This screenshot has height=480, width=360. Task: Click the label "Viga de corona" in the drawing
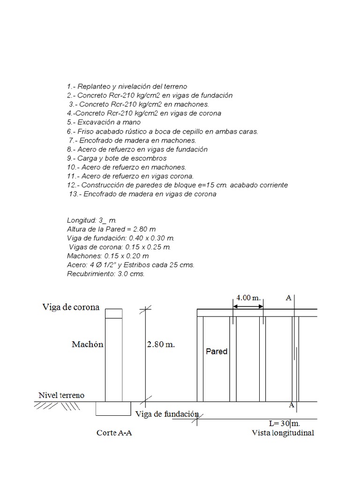(71, 307)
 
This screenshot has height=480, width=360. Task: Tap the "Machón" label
(87, 345)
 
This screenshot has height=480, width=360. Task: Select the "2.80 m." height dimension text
(161, 345)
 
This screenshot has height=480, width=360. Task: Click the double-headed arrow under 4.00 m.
(248, 307)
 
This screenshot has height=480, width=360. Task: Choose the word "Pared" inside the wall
(217, 352)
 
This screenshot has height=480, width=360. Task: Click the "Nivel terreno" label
(61, 395)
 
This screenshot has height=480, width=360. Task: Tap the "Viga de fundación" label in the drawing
(167, 414)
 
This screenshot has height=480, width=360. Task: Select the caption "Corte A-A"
(114, 433)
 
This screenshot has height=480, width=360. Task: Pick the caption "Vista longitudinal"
(283, 433)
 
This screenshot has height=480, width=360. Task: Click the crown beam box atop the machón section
(114, 313)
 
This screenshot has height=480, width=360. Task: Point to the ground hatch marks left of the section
(56, 406)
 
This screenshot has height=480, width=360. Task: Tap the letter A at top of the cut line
(288, 298)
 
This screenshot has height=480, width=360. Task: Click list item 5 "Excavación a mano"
(97, 122)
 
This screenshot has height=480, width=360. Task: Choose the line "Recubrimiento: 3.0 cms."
(106, 274)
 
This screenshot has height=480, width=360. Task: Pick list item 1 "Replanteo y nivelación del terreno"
(127, 87)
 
